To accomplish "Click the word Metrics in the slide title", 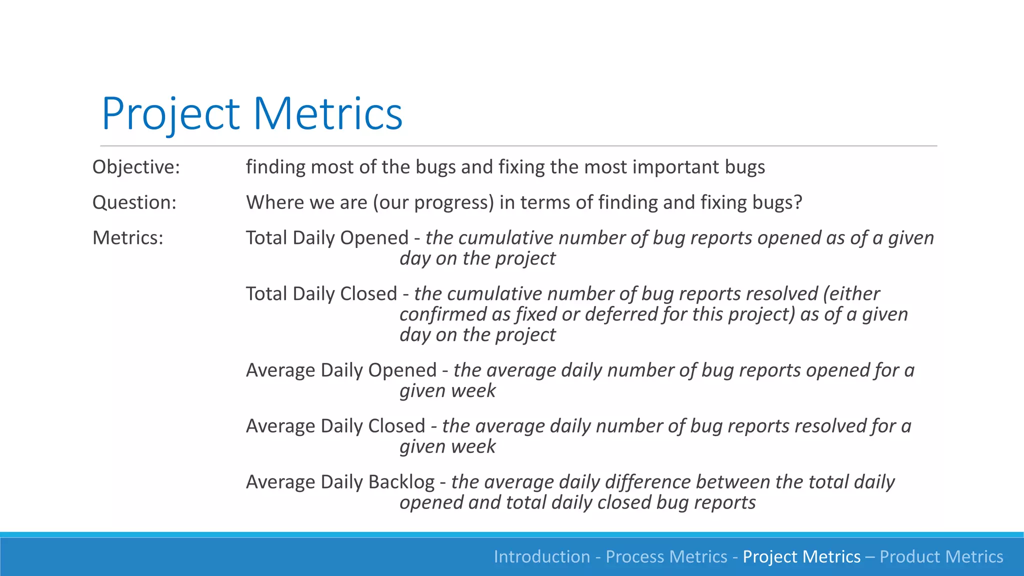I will coord(327,114).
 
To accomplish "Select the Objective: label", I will coord(136,167).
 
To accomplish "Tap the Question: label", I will coord(134,202).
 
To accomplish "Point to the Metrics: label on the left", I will coord(127,238).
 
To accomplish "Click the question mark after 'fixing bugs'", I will coord(798,202).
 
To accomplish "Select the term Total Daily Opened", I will coord(327,238).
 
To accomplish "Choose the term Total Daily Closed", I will coord(321,294).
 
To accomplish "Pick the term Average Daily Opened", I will coord(341,370).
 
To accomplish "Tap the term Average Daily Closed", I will coord(335,426).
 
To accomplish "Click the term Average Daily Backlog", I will coord(340,482).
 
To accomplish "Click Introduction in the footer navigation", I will coord(541,556).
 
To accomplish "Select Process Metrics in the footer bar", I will coord(666,556).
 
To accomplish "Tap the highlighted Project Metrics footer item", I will coord(801,556).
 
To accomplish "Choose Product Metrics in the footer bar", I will coord(941,556).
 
